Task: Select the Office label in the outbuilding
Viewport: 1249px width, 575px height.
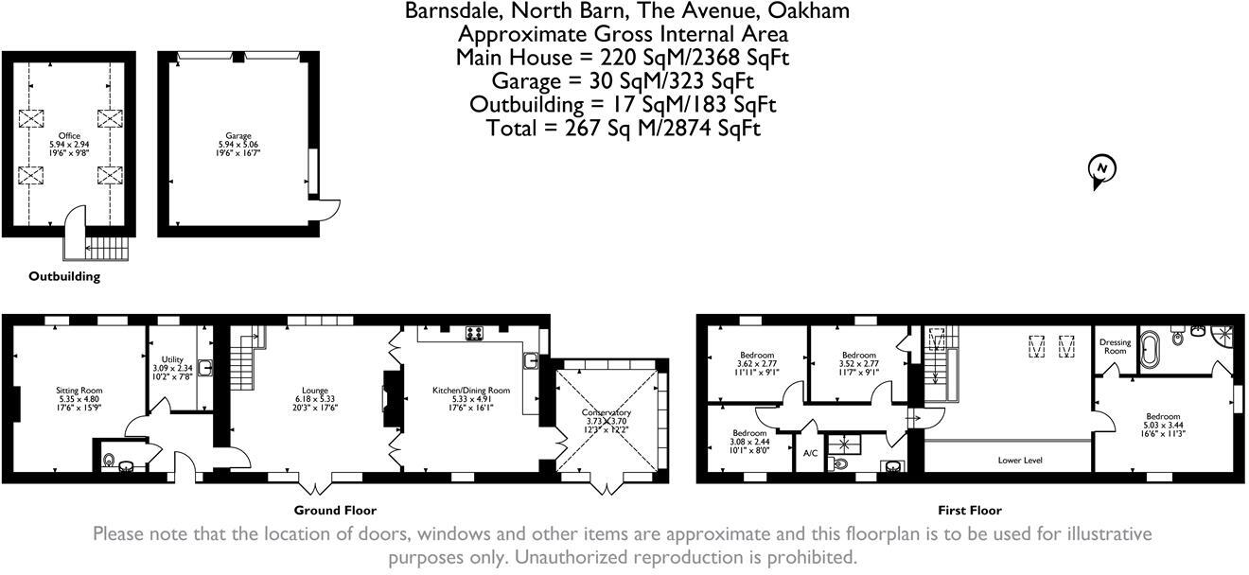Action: (x=69, y=135)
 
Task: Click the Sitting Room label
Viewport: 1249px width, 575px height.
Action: (x=79, y=390)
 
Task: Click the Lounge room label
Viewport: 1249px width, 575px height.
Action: (x=315, y=390)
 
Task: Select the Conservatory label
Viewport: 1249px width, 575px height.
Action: (x=607, y=412)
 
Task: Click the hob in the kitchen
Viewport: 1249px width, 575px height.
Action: (x=473, y=333)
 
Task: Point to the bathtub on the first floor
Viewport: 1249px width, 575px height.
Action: (x=1152, y=349)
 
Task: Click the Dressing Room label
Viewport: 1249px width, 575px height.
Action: (x=1115, y=347)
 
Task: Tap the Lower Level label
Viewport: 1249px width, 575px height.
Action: (x=1020, y=460)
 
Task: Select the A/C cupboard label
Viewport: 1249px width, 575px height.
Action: (x=810, y=453)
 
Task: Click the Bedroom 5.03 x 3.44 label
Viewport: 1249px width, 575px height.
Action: (x=1163, y=416)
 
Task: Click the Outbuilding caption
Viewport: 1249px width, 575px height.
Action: (x=63, y=277)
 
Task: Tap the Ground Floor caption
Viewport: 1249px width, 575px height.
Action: (x=342, y=510)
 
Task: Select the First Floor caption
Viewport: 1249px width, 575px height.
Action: (x=969, y=510)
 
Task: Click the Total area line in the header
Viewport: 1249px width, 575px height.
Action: (x=623, y=128)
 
